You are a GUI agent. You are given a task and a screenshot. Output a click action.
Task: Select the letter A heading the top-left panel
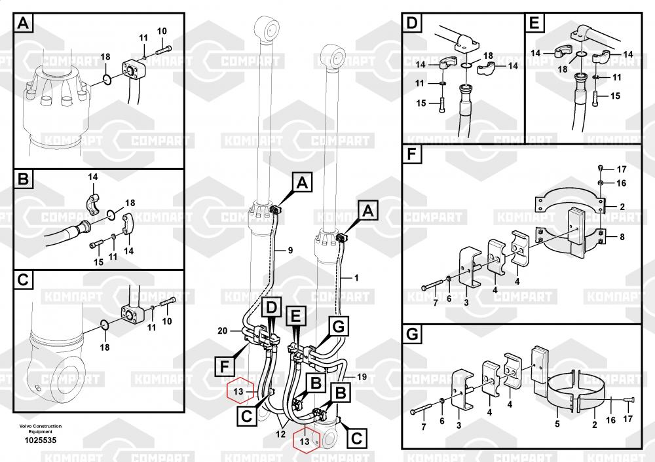click(x=24, y=25)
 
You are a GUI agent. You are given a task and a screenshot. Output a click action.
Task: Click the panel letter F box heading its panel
click(x=411, y=155)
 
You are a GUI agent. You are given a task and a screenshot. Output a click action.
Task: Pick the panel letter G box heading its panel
click(x=411, y=335)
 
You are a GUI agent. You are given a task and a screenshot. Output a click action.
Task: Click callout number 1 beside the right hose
click(x=356, y=277)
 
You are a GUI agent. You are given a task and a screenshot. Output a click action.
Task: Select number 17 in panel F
click(x=622, y=169)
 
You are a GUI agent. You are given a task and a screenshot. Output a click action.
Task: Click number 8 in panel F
click(x=622, y=236)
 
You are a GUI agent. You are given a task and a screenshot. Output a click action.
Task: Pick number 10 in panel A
click(x=162, y=31)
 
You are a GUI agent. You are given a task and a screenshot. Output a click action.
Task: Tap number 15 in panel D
click(x=421, y=103)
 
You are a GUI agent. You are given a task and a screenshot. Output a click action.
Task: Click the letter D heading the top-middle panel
click(x=411, y=25)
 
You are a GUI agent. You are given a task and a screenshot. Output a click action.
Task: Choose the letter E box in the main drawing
click(x=296, y=317)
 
